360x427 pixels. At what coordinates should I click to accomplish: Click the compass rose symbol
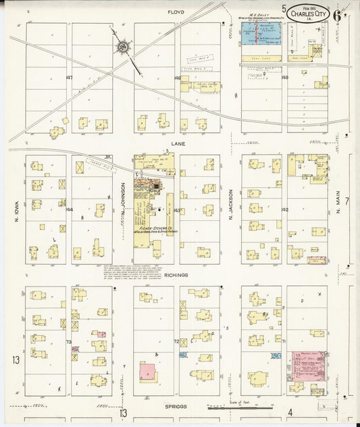(123, 47)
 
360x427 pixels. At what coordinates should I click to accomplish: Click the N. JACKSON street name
(230, 204)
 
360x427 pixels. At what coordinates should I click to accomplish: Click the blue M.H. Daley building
(261, 33)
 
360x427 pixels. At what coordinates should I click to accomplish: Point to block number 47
(69, 78)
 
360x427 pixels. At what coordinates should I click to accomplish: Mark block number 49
(285, 78)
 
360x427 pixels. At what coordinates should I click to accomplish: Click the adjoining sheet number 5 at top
(285, 9)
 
